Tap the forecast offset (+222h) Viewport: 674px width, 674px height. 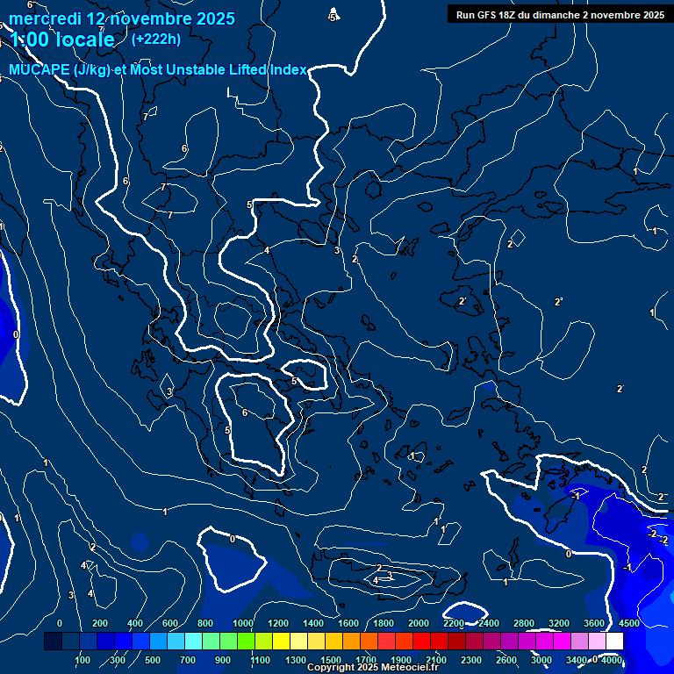pos(155,39)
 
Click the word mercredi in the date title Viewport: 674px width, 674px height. pos(45,18)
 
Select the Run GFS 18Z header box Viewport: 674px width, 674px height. pos(560,14)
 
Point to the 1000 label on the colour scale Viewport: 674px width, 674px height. pos(243,623)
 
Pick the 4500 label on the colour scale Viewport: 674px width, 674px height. pos(627,623)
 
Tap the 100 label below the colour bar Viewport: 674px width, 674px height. pos(82,660)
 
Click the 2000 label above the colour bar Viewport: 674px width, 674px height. pos(419,623)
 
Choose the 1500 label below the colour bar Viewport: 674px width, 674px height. pos(331,660)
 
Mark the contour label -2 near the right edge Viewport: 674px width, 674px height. pos(652,534)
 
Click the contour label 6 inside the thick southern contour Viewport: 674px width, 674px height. pos(244,413)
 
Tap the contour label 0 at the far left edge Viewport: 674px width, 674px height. pos(16,334)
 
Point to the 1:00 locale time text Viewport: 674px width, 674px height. pos(61,39)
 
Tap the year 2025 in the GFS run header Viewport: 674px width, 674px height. pos(649,14)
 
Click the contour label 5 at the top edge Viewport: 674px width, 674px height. pos(333,18)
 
